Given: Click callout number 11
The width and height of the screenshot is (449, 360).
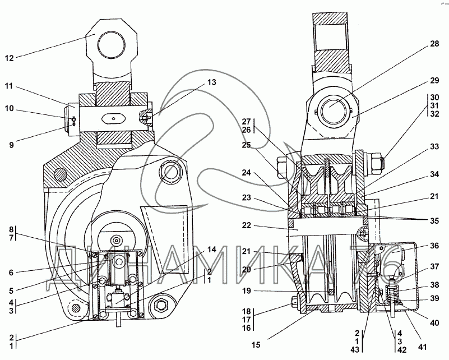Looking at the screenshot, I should pyautogui.click(x=10, y=87).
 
